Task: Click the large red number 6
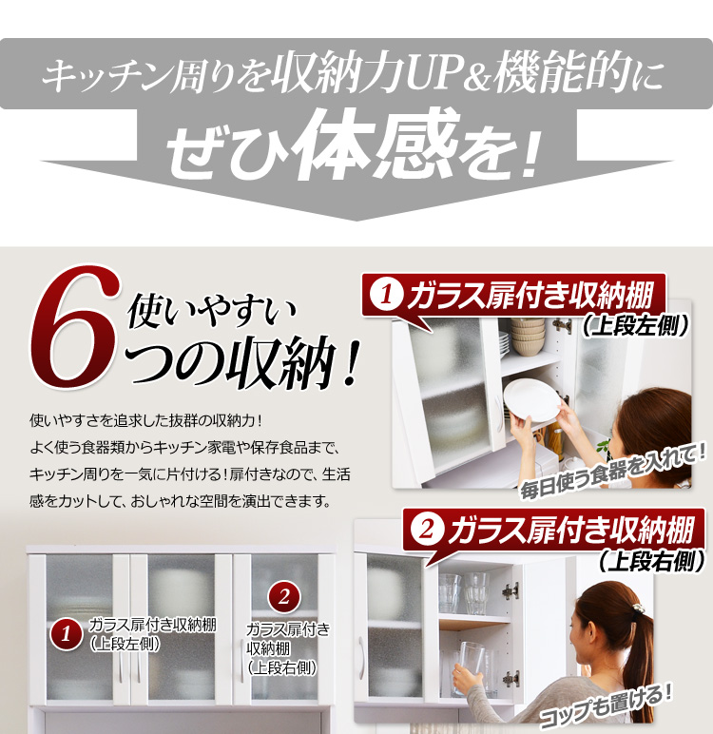click(x=75, y=328)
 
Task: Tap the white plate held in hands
click(x=531, y=399)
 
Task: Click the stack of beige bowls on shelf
click(x=528, y=337)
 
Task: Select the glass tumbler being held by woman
click(x=472, y=667)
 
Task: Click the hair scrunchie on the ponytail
click(x=637, y=608)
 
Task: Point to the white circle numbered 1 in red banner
click(x=386, y=295)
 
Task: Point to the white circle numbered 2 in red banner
click(x=427, y=530)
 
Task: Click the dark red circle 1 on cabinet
click(x=66, y=634)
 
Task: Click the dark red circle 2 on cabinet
click(x=283, y=597)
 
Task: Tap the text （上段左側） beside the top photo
click(x=635, y=325)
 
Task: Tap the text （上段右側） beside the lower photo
click(x=651, y=560)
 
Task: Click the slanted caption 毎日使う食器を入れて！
click(x=613, y=472)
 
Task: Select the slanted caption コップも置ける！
click(x=607, y=705)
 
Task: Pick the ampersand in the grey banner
click(x=478, y=77)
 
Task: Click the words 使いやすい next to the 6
click(x=212, y=310)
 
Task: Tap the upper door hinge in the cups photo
click(x=511, y=591)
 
